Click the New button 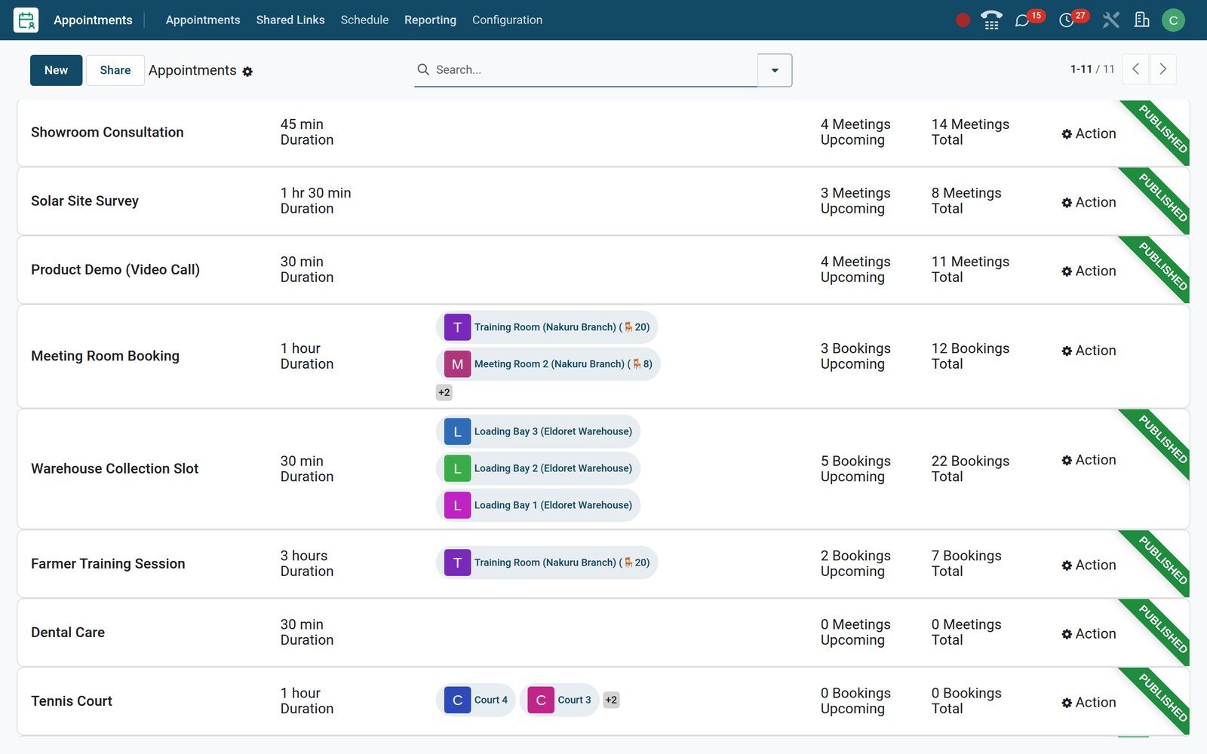56,70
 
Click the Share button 115,70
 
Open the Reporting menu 430,20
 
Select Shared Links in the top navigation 290,20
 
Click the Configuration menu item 507,20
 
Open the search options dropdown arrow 774,70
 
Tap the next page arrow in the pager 1162,69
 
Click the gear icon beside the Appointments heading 247,72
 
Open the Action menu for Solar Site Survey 1089,202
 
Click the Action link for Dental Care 1089,633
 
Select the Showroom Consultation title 107,132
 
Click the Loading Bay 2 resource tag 538,468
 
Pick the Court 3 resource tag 559,700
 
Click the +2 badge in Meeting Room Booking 444,392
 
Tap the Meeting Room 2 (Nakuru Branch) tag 548,363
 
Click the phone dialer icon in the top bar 991,20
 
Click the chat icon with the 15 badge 1022,20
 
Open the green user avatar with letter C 1173,20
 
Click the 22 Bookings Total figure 970,468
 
